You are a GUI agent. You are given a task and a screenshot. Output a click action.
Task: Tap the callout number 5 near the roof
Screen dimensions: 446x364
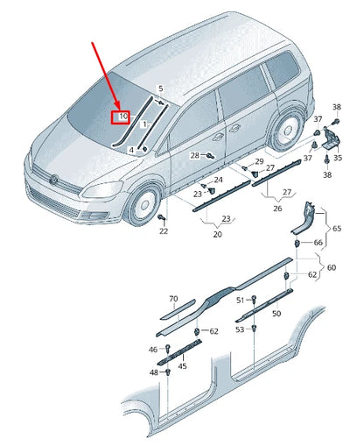pyautogui.click(x=160, y=88)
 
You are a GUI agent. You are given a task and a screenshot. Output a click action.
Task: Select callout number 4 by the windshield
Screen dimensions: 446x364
pyautogui.click(x=131, y=150)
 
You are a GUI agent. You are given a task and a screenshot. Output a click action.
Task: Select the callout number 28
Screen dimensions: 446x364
pyautogui.click(x=195, y=155)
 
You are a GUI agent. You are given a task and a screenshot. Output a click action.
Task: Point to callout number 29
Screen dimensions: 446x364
pyautogui.click(x=258, y=162)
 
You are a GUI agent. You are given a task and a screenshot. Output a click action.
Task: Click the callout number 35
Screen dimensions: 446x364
pyautogui.click(x=338, y=159)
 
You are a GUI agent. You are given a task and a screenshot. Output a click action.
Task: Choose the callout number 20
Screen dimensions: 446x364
pyautogui.click(x=218, y=234)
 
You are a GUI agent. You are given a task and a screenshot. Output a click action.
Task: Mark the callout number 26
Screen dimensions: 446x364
pyautogui.click(x=277, y=209)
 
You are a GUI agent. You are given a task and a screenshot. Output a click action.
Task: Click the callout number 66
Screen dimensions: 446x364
pyautogui.click(x=318, y=242)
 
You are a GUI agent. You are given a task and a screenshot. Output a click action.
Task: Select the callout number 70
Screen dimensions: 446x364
pyautogui.click(x=172, y=299)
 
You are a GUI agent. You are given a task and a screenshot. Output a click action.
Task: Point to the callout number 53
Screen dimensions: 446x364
pyautogui.click(x=240, y=329)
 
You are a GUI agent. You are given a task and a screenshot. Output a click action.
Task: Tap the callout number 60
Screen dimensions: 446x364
pyautogui.click(x=331, y=267)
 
